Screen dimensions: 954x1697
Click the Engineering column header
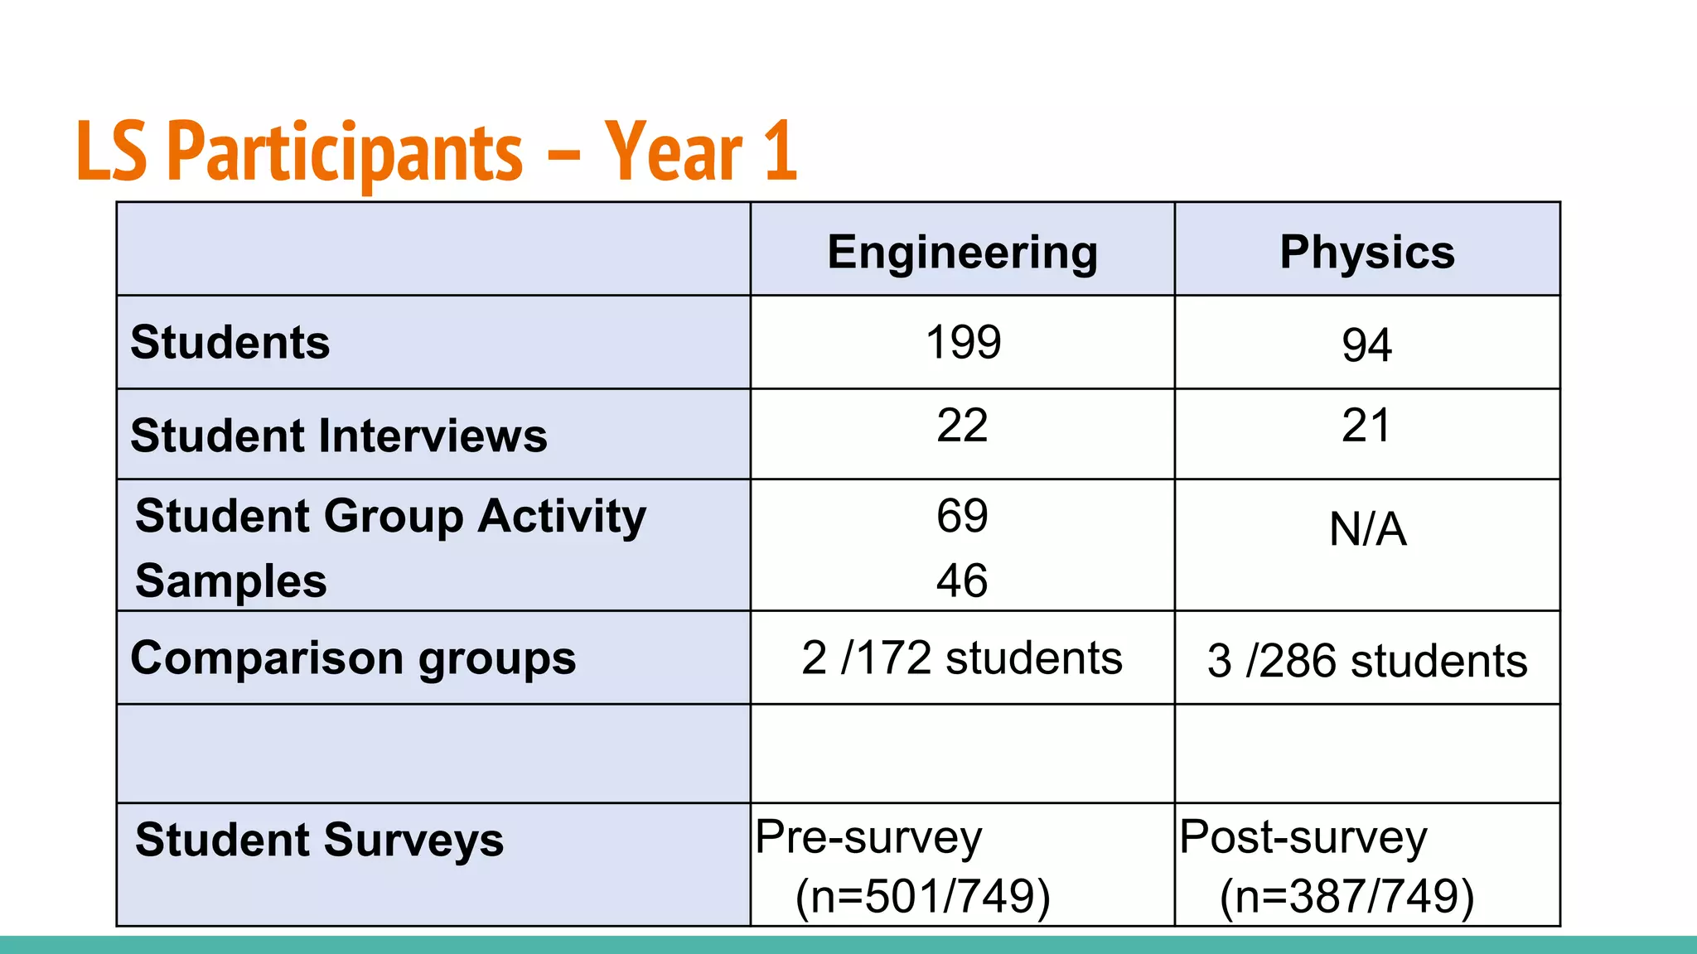[x=962, y=253]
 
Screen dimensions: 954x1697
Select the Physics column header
[x=1367, y=253]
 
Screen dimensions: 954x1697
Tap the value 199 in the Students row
[x=963, y=342]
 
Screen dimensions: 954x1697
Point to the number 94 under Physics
[x=1366, y=345]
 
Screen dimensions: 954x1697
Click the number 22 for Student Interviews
[x=962, y=426]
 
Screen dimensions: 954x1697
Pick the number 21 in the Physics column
[x=1366, y=426]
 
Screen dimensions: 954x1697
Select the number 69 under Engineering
[x=962, y=516]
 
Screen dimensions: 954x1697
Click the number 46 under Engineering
[x=962, y=581]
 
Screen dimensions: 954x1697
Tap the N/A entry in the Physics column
[x=1367, y=530]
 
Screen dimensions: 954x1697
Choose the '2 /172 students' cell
[x=962, y=658]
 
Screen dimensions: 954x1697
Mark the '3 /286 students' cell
[x=1367, y=661]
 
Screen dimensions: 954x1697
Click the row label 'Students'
[x=230, y=342]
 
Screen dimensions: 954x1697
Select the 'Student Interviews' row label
[x=339, y=436]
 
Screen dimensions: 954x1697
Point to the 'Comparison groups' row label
[x=353, y=659]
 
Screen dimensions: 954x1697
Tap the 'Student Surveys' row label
[x=319, y=840]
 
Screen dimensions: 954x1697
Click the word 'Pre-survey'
[x=868, y=837]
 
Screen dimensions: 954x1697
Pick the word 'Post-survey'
[x=1303, y=837]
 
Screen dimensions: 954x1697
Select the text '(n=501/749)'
[x=922, y=897]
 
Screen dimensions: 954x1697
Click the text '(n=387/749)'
[x=1346, y=897]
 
